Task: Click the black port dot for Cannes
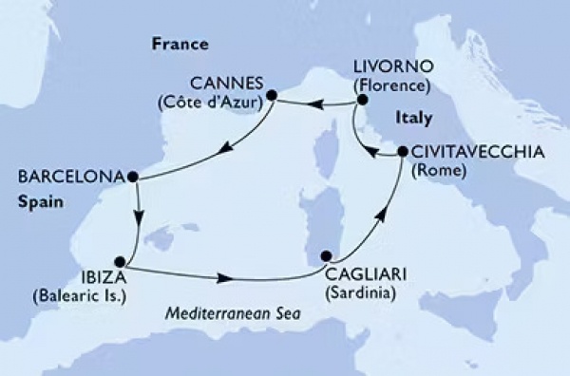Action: (x=272, y=95)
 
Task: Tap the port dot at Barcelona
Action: (x=133, y=176)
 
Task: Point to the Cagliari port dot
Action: (x=327, y=254)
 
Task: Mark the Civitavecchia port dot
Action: (x=401, y=151)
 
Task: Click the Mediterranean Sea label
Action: (x=234, y=314)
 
